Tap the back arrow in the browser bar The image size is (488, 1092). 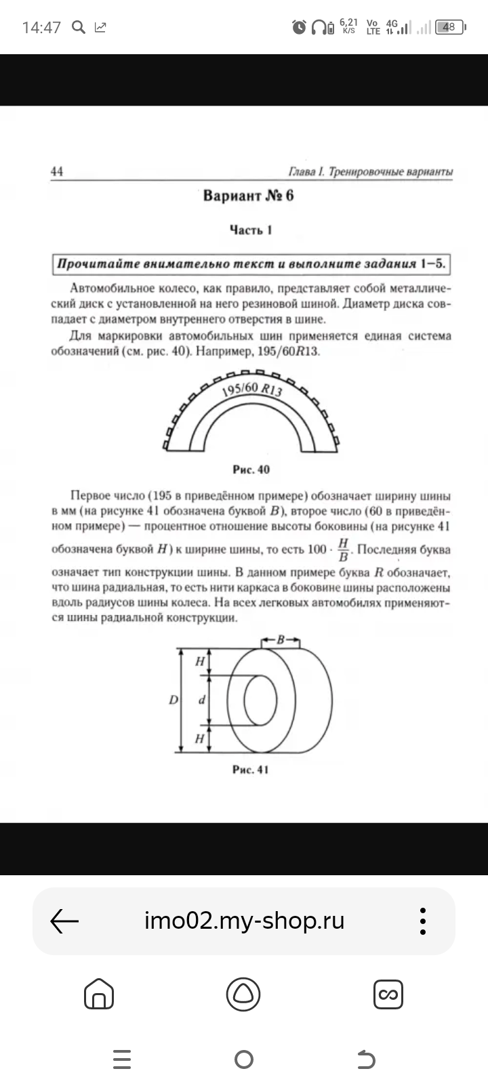pyautogui.click(x=65, y=921)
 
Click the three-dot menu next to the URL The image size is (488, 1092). pyautogui.click(x=423, y=921)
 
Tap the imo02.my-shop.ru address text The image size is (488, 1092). pyautogui.click(x=244, y=921)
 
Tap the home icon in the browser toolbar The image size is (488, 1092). pyautogui.click(x=98, y=994)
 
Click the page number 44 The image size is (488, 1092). pyautogui.click(x=57, y=171)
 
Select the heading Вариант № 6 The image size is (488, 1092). pyautogui.click(x=249, y=196)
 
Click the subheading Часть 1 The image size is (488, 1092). pyautogui.click(x=251, y=230)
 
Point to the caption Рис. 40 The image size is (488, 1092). pyautogui.click(x=251, y=469)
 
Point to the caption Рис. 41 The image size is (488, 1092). pyautogui.click(x=251, y=770)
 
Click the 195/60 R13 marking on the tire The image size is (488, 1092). pyautogui.click(x=251, y=390)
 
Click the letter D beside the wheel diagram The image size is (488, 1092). pyautogui.click(x=174, y=700)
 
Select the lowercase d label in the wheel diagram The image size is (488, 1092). pyautogui.click(x=201, y=700)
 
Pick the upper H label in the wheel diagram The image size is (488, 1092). pyautogui.click(x=199, y=661)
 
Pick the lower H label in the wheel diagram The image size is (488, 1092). pyautogui.click(x=199, y=738)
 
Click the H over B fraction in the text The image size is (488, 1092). pyautogui.click(x=343, y=550)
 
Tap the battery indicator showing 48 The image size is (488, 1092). pyautogui.click(x=449, y=27)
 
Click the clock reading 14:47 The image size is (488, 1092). pyautogui.click(x=41, y=28)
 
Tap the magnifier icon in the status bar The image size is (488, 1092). pyautogui.click(x=79, y=27)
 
